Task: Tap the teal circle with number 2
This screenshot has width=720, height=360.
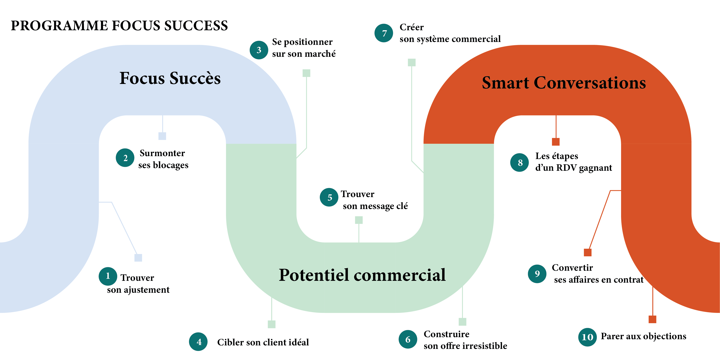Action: tap(125, 158)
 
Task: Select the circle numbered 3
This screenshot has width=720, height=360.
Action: tap(259, 50)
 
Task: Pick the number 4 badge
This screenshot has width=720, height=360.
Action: tap(198, 341)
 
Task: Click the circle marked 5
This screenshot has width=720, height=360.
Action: tap(329, 197)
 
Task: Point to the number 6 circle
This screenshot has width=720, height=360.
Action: tap(408, 339)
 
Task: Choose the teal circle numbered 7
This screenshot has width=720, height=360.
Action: tap(384, 33)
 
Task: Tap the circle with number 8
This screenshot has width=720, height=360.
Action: tap(520, 162)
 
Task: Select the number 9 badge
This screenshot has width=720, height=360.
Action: tap(537, 274)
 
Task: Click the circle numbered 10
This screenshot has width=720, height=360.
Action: tap(587, 337)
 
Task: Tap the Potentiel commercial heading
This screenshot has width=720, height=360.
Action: tap(362, 275)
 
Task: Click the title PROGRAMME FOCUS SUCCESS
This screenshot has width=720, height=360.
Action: tap(119, 26)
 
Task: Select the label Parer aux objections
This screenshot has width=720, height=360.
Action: tap(643, 336)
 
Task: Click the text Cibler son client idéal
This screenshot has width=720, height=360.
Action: tap(263, 342)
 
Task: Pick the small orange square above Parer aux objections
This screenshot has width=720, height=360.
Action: tap(652, 319)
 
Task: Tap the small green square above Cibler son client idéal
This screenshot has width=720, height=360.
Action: tap(272, 324)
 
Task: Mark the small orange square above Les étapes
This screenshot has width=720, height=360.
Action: tap(556, 142)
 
